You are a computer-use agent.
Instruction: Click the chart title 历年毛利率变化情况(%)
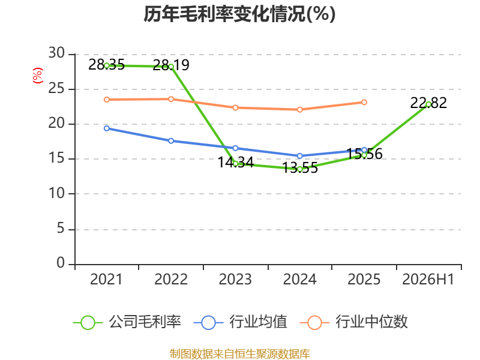click(239, 14)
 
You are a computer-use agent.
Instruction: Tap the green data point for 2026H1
click(428, 104)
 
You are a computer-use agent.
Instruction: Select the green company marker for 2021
click(107, 65)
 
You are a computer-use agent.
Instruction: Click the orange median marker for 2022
click(171, 99)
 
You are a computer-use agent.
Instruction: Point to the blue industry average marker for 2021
click(107, 128)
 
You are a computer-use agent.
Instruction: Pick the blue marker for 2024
click(299, 156)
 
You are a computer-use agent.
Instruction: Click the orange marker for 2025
click(364, 102)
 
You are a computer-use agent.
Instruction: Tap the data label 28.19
click(171, 65)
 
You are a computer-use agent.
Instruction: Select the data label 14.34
click(235, 162)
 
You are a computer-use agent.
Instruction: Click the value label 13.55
click(299, 168)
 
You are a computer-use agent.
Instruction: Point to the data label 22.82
click(428, 103)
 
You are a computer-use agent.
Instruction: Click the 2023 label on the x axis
click(235, 279)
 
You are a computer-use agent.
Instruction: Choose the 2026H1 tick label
click(428, 279)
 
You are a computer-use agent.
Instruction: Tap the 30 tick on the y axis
click(56, 53)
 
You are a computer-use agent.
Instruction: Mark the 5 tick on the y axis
click(61, 229)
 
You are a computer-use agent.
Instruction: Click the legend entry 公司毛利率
click(127, 322)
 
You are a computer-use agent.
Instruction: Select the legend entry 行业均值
click(241, 322)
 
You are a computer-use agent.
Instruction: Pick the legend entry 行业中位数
click(354, 322)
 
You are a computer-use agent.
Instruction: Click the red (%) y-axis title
click(38, 76)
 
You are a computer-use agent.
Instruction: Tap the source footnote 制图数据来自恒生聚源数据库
click(240, 354)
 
